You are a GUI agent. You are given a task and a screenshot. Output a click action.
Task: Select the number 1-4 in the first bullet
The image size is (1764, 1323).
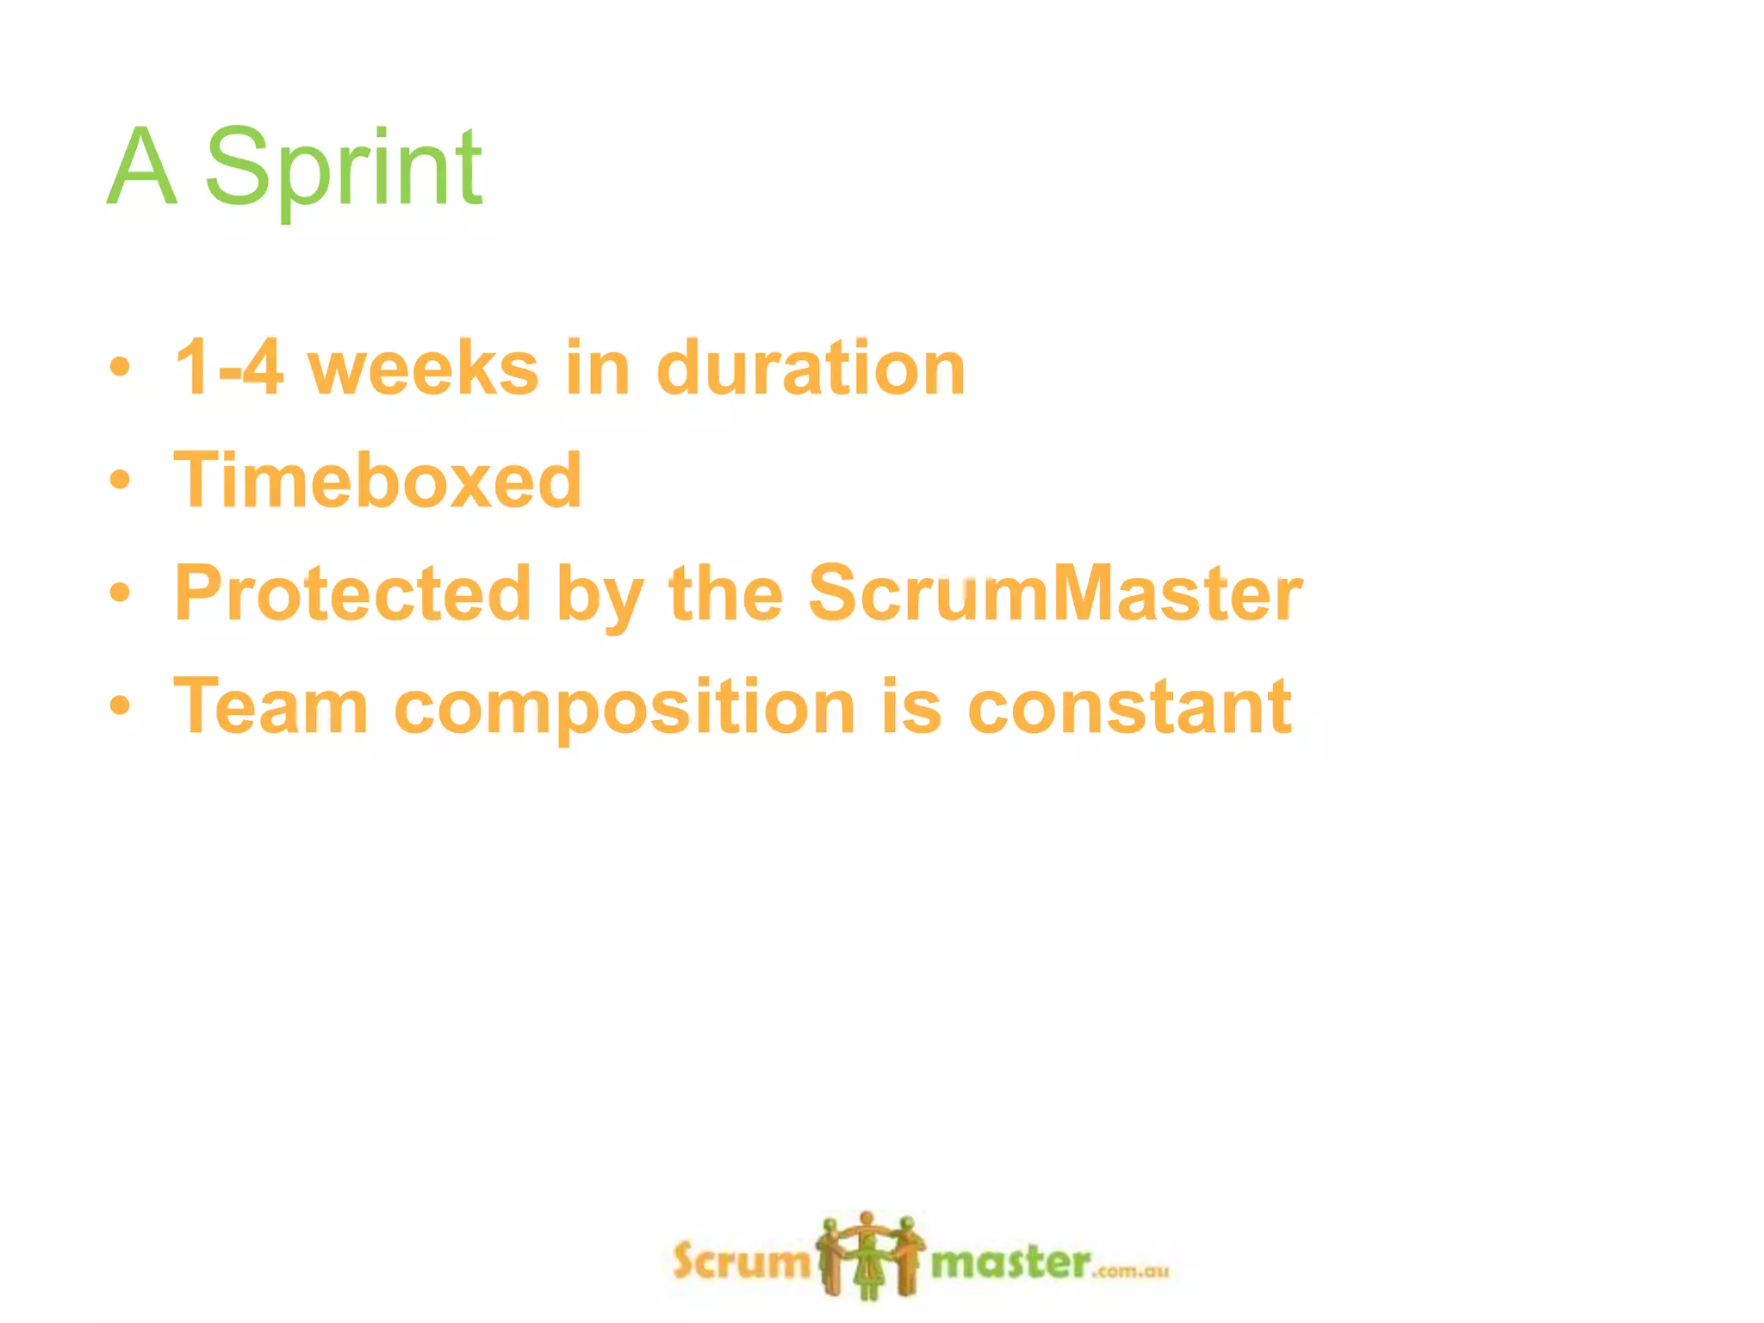tap(228, 368)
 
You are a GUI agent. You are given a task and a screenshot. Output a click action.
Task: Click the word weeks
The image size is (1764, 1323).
tap(423, 368)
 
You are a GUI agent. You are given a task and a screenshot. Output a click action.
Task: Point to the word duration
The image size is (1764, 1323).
tap(811, 368)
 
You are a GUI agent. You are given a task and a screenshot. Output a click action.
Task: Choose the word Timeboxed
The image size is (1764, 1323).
tap(378, 480)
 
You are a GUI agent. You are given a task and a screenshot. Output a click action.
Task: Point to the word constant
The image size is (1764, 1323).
tap(1129, 706)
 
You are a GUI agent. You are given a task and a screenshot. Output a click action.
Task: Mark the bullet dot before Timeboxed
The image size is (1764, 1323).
tap(121, 480)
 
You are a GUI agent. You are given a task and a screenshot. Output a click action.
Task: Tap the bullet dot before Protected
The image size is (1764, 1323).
tap(121, 593)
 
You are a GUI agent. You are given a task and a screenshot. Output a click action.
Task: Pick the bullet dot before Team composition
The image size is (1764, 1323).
tap(121, 706)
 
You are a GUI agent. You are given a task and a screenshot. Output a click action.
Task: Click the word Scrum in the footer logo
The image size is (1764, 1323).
tap(741, 1262)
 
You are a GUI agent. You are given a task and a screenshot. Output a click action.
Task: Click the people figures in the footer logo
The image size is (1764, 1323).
tap(870, 1255)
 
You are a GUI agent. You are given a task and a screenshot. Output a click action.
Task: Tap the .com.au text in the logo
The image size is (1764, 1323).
tap(1132, 1271)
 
